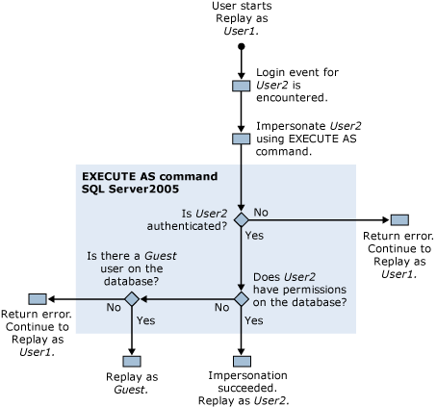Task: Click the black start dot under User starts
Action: click(x=242, y=45)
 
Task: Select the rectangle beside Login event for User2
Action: click(x=242, y=85)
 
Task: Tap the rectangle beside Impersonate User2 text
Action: click(x=242, y=139)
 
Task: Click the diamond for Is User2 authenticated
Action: click(x=242, y=220)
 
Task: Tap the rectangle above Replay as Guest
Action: click(x=132, y=355)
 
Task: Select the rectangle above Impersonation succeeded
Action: click(x=242, y=355)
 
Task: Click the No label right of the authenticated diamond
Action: click(x=259, y=211)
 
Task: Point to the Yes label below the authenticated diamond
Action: click(x=255, y=236)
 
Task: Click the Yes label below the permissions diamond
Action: click(x=255, y=320)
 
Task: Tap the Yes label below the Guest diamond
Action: click(x=146, y=320)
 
